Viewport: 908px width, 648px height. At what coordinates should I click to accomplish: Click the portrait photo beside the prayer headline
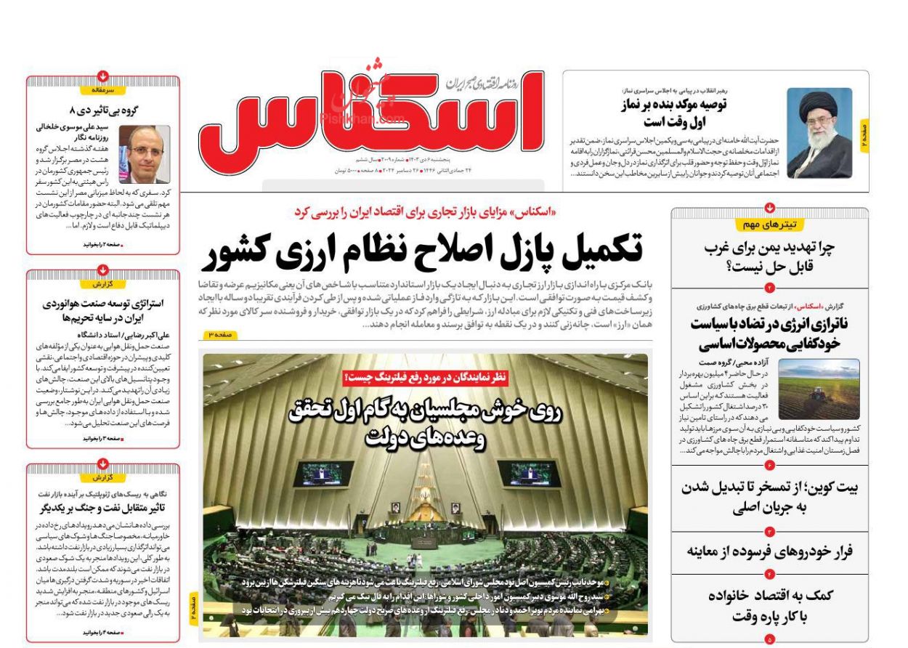coord(819,133)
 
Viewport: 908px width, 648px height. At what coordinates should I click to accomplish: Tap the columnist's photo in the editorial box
coord(144,153)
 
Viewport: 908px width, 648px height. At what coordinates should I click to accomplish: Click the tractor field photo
coord(819,389)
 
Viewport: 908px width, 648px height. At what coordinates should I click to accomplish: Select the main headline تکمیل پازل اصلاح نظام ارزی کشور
coord(426,251)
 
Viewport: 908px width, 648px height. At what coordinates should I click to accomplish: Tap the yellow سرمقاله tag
coord(102,90)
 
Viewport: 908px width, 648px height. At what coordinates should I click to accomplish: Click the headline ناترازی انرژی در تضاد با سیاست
coord(770,333)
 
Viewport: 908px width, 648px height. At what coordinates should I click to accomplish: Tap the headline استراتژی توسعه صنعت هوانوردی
coord(102,310)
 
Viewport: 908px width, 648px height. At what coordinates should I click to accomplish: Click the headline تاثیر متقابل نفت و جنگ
coord(102,507)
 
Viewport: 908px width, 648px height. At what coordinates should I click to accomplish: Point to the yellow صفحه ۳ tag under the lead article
coord(219,334)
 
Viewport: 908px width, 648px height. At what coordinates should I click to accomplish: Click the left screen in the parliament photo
coord(323,474)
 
